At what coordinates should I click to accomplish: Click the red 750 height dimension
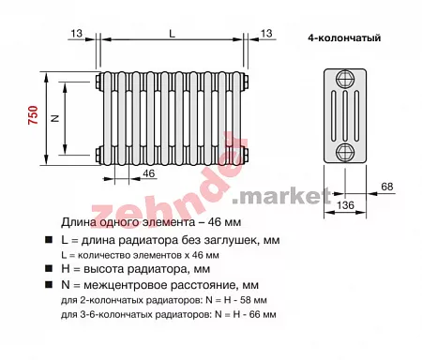tap(33, 115)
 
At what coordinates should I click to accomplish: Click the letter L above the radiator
tap(172, 34)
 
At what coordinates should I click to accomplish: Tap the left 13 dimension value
tap(76, 33)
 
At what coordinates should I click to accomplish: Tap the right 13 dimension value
tap(266, 33)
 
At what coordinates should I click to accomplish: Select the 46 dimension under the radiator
tap(148, 173)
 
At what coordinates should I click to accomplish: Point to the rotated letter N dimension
tap(55, 118)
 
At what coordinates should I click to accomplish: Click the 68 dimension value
tap(387, 187)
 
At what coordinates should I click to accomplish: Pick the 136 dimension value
tap(345, 205)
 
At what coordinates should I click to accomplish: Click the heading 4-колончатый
tap(344, 37)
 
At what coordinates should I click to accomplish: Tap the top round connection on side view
tap(345, 79)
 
